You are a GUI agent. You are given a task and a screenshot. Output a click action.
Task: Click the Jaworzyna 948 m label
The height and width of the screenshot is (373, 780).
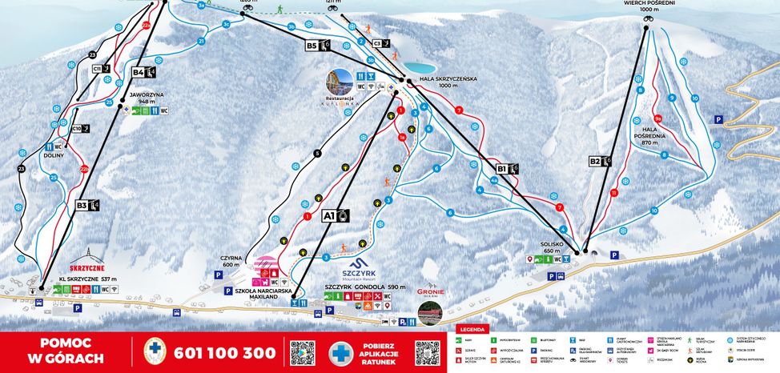tap(147, 98)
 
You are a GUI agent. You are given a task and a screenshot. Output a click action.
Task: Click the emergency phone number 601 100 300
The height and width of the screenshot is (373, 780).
tap(224, 352)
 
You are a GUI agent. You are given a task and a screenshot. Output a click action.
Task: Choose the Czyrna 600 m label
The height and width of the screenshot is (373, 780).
tap(231, 262)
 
